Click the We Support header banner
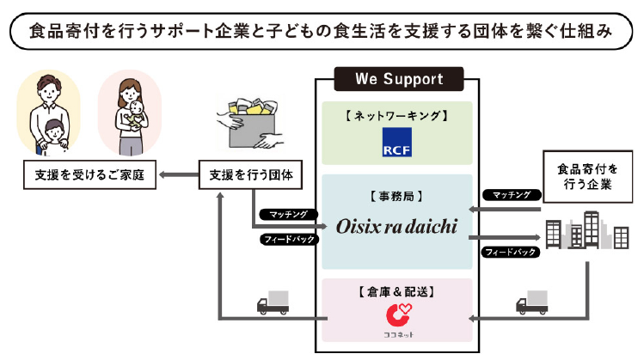pos(400,79)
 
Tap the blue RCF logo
pos(396,143)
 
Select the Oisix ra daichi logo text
pos(396,227)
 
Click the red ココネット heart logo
pos(396,314)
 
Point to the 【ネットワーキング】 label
pos(396,115)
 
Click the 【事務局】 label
pos(396,196)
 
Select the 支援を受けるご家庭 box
pos(89,176)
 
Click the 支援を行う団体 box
pos(249,176)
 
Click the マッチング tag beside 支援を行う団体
pos(287,213)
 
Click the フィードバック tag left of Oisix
pos(287,239)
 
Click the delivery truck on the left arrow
pos(273,303)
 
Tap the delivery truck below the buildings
pos(531,303)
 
